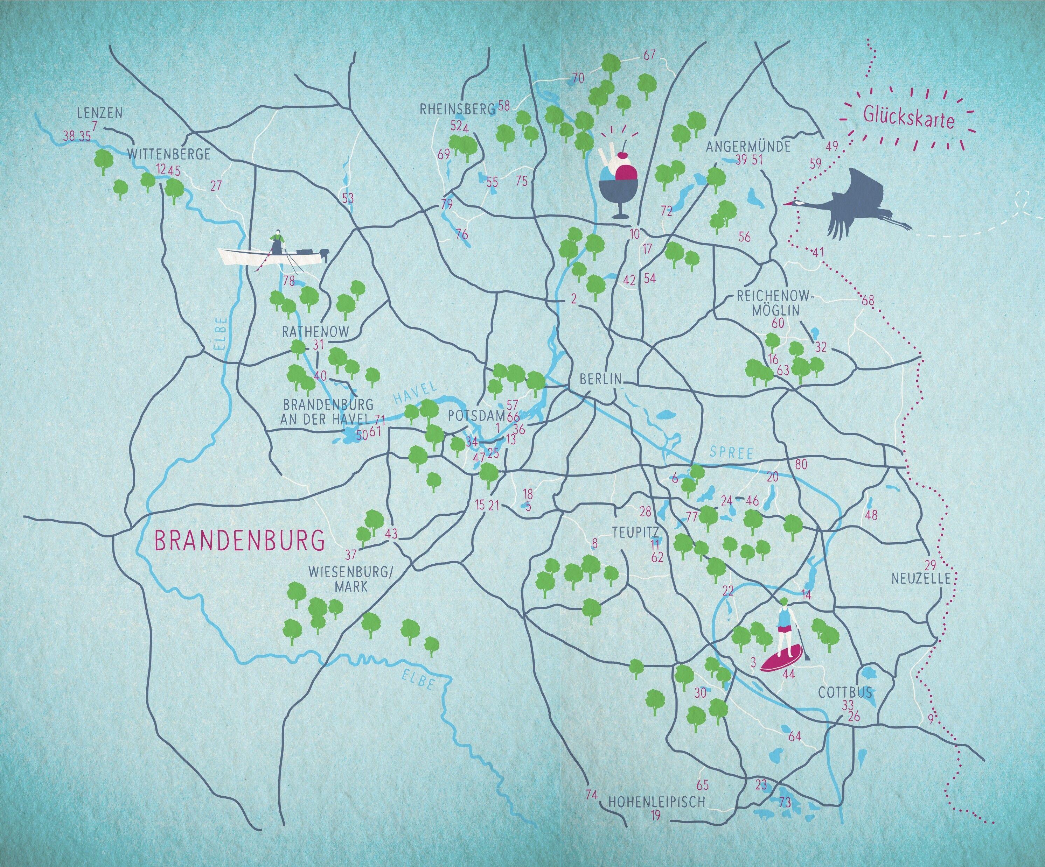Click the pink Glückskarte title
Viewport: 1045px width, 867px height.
909,120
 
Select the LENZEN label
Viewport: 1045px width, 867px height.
99,113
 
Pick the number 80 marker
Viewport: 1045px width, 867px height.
801,465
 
